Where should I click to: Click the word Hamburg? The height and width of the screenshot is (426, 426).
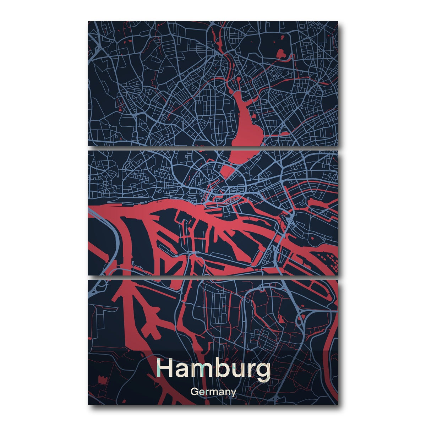[213, 369]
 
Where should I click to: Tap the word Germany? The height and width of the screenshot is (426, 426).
[213, 392]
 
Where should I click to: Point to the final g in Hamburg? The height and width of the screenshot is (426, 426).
[262, 371]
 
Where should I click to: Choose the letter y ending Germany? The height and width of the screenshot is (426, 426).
[233, 393]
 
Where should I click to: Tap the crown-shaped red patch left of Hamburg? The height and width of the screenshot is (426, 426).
[103, 379]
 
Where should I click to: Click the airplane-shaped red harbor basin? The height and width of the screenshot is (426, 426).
[151, 318]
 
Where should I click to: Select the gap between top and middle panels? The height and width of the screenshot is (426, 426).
[213, 148]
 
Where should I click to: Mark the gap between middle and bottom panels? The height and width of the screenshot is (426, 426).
[213, 277]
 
